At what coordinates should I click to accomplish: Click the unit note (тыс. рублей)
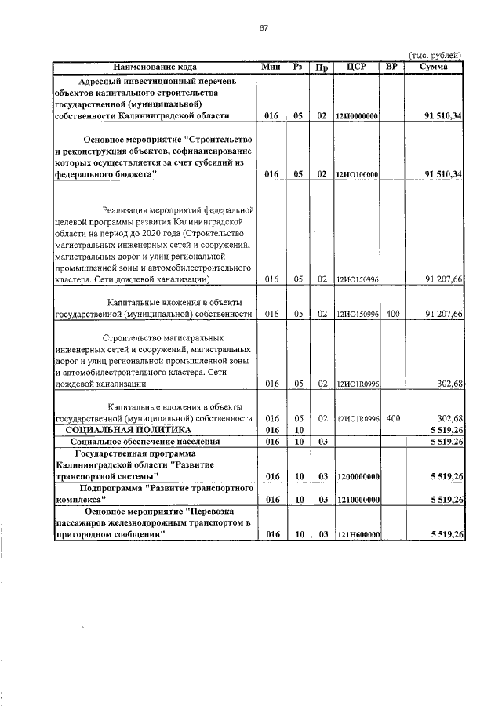click(436, 55)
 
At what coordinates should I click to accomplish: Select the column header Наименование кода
click(154, 67)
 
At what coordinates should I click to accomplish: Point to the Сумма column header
click(433, 67)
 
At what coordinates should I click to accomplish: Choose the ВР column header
click(392, 67)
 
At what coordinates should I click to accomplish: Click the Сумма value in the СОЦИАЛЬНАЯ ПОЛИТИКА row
click(444, 431)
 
